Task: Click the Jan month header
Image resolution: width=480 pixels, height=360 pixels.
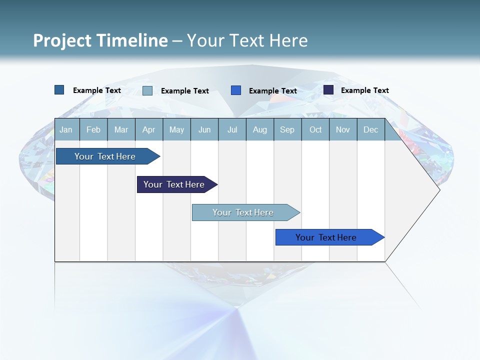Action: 66,129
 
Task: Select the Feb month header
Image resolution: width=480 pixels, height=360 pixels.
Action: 93,129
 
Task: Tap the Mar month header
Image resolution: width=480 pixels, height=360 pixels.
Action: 121,129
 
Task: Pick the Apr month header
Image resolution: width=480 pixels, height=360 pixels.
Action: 149,129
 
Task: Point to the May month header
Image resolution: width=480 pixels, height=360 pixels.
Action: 176,129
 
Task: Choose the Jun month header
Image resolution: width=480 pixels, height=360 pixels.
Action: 204,129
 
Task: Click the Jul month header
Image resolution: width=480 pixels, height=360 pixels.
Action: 232,129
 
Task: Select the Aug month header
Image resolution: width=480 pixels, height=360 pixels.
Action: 260,129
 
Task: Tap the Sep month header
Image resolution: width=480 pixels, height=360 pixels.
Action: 287,129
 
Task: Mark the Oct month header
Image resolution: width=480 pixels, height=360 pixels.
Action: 315,129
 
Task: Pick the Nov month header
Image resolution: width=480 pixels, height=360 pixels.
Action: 343,129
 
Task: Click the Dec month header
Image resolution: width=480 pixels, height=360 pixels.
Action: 371,129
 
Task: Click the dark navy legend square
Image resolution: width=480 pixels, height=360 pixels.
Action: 328,90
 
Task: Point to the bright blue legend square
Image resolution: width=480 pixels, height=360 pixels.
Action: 236,90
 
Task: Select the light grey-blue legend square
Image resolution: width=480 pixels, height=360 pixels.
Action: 147,90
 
